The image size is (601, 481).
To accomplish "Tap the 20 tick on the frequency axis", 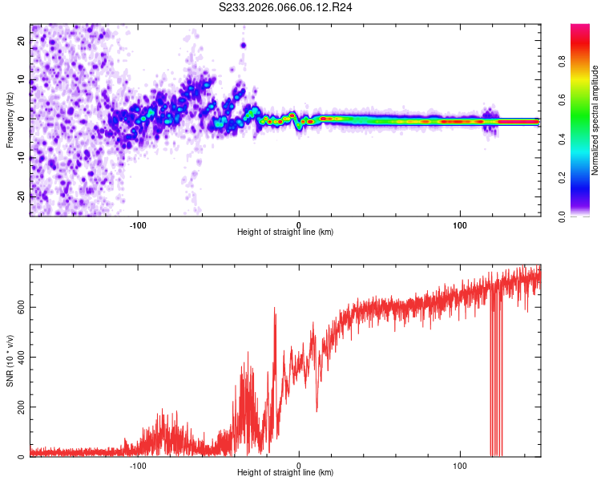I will coord(22,42).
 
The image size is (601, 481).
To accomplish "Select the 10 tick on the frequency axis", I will coord(22,80).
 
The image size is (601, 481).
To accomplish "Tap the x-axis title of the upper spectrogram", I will coord(285,232).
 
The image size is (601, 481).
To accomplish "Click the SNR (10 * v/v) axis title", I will coord(10,361).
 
